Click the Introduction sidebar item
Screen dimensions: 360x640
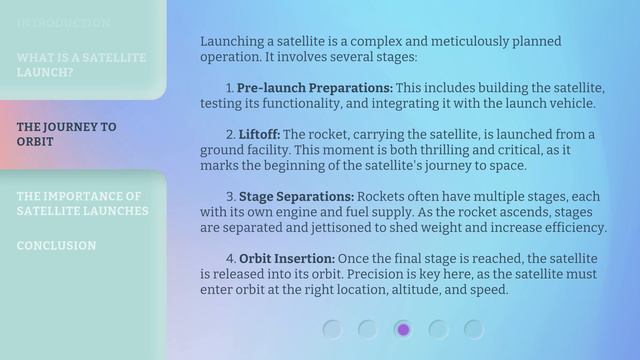point(64,22)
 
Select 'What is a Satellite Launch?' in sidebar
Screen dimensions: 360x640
point(81,65)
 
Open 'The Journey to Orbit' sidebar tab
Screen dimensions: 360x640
point(67,134)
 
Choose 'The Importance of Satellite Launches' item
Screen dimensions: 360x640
point(82,204)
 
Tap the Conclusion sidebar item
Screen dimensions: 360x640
point(56,246)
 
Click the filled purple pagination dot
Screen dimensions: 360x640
point(403,328)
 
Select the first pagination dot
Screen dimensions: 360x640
point(333,328)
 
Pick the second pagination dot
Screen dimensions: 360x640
point(368,328)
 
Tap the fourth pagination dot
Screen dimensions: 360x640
point(438,328)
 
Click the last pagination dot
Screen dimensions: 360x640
point(473,328)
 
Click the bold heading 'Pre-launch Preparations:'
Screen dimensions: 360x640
point(315,88)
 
